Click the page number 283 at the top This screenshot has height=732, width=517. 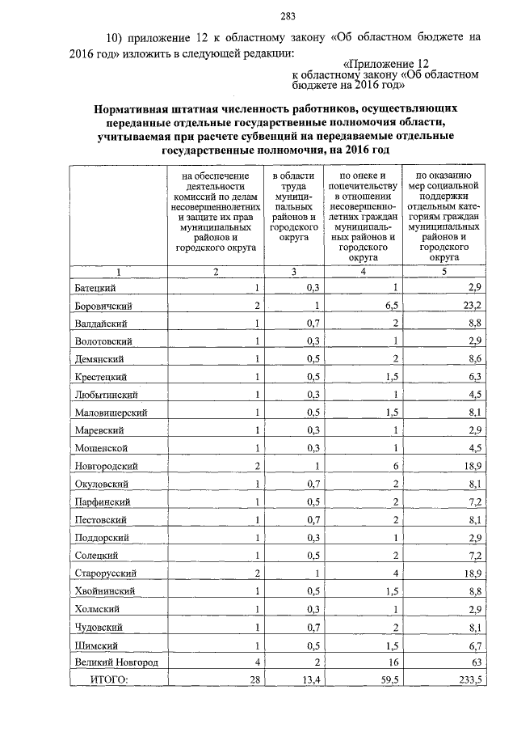(x=285, y=15)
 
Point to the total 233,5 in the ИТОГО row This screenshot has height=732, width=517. (x=469, y=681)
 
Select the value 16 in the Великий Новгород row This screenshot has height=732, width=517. (x=392, y=662)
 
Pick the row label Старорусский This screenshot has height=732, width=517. (x=106, y=573)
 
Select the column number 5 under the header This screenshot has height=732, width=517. (x=443, y=271)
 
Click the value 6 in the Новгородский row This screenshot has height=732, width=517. (x=394, y=467)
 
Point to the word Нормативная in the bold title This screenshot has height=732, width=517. (x=133, y=107)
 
